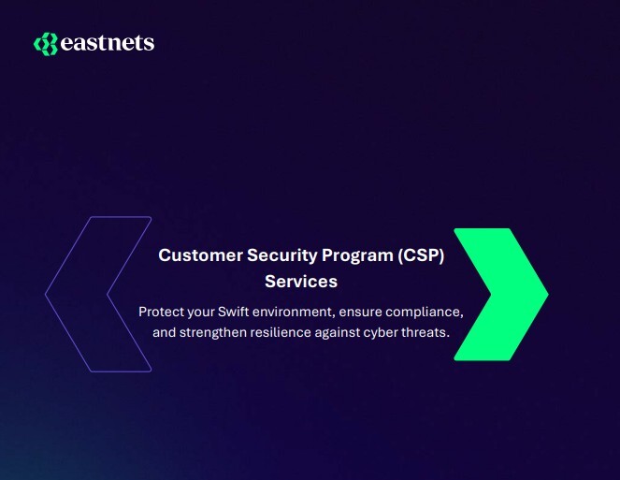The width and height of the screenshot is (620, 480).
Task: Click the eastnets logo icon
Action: tap(45, 43)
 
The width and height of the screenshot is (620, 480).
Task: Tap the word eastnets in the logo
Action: tap(107, 43)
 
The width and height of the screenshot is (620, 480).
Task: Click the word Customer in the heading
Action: tap(193, 255)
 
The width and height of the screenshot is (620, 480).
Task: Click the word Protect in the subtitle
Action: tap(162, 311)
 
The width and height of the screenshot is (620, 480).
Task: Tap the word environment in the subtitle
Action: tap(298, 311)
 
